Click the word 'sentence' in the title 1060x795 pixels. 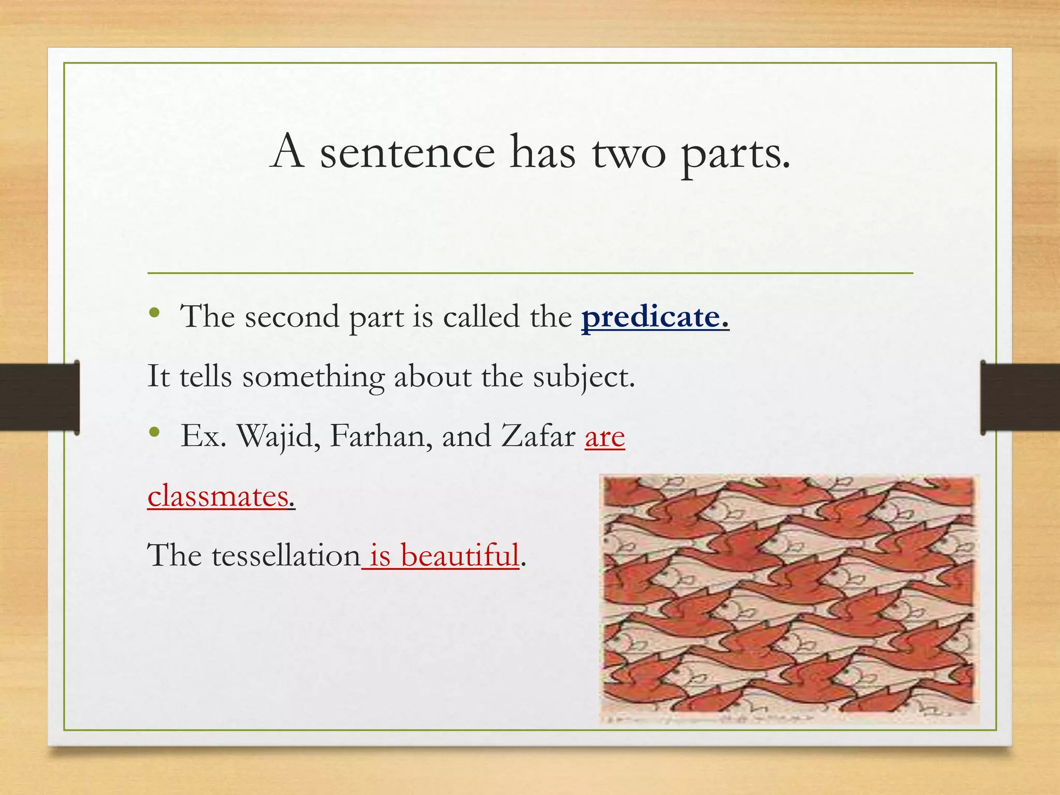pos(407,153)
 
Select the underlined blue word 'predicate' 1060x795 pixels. pos(651,317)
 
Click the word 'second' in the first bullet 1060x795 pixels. pos(292,317)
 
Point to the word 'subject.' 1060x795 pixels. pos(584,376)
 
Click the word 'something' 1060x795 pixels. pos(314,377)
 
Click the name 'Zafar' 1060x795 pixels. pos(538,436)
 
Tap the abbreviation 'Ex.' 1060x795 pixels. pos(203,436)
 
